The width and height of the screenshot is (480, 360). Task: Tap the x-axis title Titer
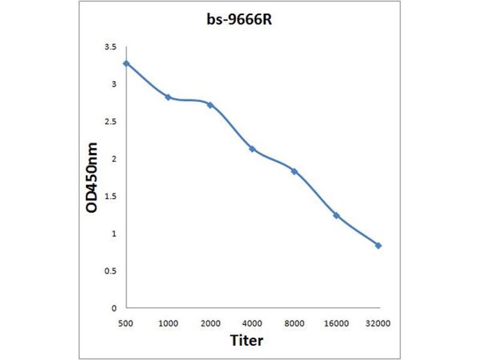(247, 340)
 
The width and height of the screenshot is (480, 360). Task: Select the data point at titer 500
(126, 63)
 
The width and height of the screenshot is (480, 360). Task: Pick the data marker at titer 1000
(168, 97)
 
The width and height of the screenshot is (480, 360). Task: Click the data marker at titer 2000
(210, 104)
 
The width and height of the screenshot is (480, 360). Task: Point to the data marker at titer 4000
(252, 148)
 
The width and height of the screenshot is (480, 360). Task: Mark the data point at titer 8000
(294, 171)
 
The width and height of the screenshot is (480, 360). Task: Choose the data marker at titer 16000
(336, 215)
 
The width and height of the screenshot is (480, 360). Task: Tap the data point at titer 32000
(378, 245)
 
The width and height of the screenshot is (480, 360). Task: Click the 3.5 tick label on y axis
(110, 47)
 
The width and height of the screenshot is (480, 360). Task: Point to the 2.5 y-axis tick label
(110, 122)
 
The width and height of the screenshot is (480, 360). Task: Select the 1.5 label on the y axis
(110, 196)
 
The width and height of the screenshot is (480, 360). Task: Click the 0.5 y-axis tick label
(110, 271)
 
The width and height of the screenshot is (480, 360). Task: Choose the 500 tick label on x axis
(126, 323)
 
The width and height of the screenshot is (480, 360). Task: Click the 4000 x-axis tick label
(252, 323)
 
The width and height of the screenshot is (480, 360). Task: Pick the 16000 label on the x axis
(336, 323)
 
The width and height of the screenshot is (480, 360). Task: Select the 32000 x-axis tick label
(378, 323)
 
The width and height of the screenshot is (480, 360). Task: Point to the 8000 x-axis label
(294, 323)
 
